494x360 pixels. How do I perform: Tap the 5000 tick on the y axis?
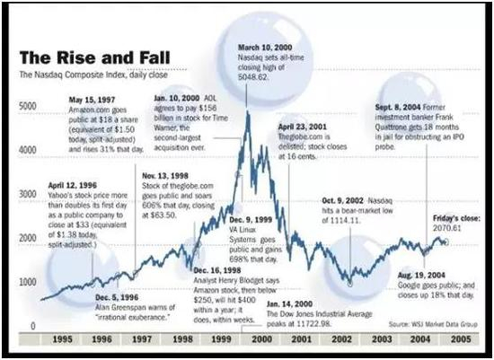[x=27, y=106]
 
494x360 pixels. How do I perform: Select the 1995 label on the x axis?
[x=62, y=342]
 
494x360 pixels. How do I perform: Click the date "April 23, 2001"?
[x=304, y=127]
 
